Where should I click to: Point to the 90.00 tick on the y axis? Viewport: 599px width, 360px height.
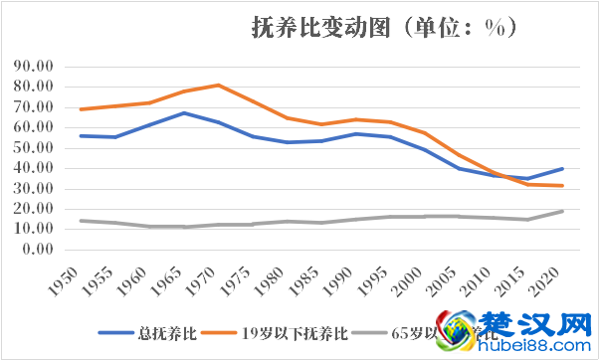point(37,67)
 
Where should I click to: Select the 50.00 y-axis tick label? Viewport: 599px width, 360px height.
point(37,148)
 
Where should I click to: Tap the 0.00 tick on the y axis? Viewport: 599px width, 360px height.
point(41,250)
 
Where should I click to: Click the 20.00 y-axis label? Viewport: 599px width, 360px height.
point(37,209)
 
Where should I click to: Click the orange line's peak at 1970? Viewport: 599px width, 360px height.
point(218,85)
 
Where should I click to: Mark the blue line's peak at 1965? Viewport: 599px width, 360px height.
point(183,112)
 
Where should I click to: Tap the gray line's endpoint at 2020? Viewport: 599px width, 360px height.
point(562,211)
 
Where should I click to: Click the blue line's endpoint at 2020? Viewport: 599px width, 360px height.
point(562,168)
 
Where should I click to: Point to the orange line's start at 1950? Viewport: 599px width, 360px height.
point(81,109)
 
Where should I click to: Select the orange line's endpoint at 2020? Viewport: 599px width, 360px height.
point(562,186)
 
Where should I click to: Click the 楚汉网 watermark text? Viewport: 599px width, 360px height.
point(538,325)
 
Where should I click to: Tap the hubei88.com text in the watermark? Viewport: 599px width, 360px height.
point(538,347)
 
